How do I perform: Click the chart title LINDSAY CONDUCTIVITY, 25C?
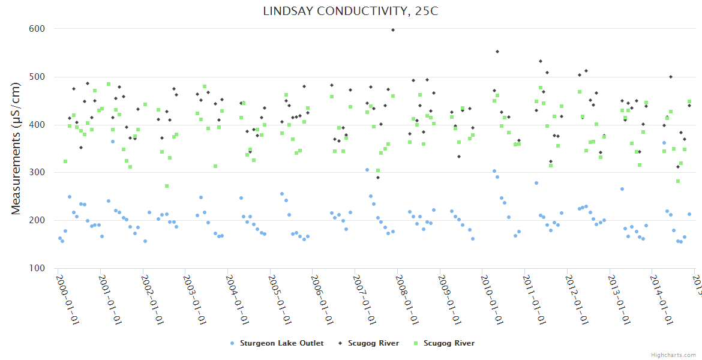pyautogui.click(x=350, y=11)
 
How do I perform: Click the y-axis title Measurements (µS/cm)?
pyautogui.click(x=16, y=149)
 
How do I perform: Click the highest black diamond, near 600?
pyautogui.click(x=393, y=29)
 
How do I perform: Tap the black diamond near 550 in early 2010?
pyautogui.click(x=497, y=52)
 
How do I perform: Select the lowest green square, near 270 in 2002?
pyautogui.click(x=167, y=186)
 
